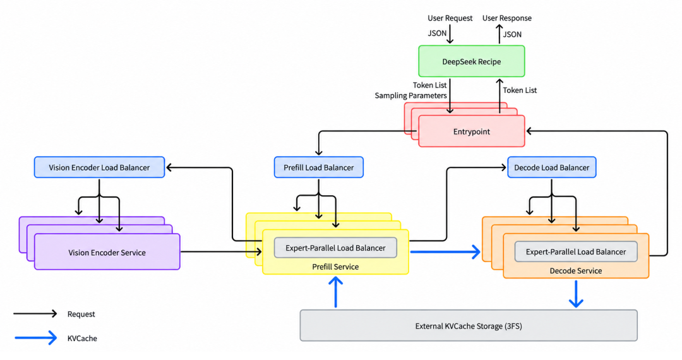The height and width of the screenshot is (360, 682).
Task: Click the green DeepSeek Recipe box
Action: coord(472,61)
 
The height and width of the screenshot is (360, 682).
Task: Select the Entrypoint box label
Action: coord(472,131)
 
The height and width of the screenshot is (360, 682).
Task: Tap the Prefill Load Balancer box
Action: coord(318,167)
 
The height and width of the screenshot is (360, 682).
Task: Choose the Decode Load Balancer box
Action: coord(551,167)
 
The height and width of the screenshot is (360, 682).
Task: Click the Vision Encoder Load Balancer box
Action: coord(99,167)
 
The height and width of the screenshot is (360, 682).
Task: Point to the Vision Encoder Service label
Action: coord(107,253)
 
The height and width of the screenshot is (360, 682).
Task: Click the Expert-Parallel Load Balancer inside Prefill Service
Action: coord(335,248)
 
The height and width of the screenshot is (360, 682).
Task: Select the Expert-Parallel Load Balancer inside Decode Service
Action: coord(576,252)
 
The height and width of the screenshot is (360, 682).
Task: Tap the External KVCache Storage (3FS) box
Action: coord(469,326)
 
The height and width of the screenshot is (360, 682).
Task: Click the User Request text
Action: coord(450,18)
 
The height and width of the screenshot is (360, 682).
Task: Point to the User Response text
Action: coord(506,18)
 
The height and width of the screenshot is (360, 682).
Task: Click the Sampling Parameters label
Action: coord(410,95)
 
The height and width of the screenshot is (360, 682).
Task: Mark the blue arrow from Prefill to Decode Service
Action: coord(445,252)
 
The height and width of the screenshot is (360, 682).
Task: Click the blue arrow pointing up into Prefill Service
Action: coord(335,292)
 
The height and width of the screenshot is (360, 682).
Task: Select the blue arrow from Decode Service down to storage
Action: coord(576,294)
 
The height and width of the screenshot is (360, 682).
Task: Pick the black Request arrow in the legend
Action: coord(35,313)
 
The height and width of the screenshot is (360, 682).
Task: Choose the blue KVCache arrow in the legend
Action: coord(35,338)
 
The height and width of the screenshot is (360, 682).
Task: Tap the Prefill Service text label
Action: coord(335,267)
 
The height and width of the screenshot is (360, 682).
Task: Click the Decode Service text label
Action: coord(576,271)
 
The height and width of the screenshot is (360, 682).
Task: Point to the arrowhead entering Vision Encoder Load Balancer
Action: coord(170,167)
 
